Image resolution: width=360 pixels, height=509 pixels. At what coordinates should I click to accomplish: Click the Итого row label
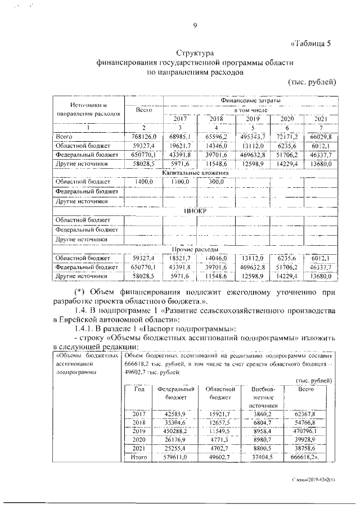[x=138, y=458]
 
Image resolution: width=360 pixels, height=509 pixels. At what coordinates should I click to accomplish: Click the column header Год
[x=138, y=389]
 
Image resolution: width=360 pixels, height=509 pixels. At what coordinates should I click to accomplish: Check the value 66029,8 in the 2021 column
[x=320, y=137]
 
